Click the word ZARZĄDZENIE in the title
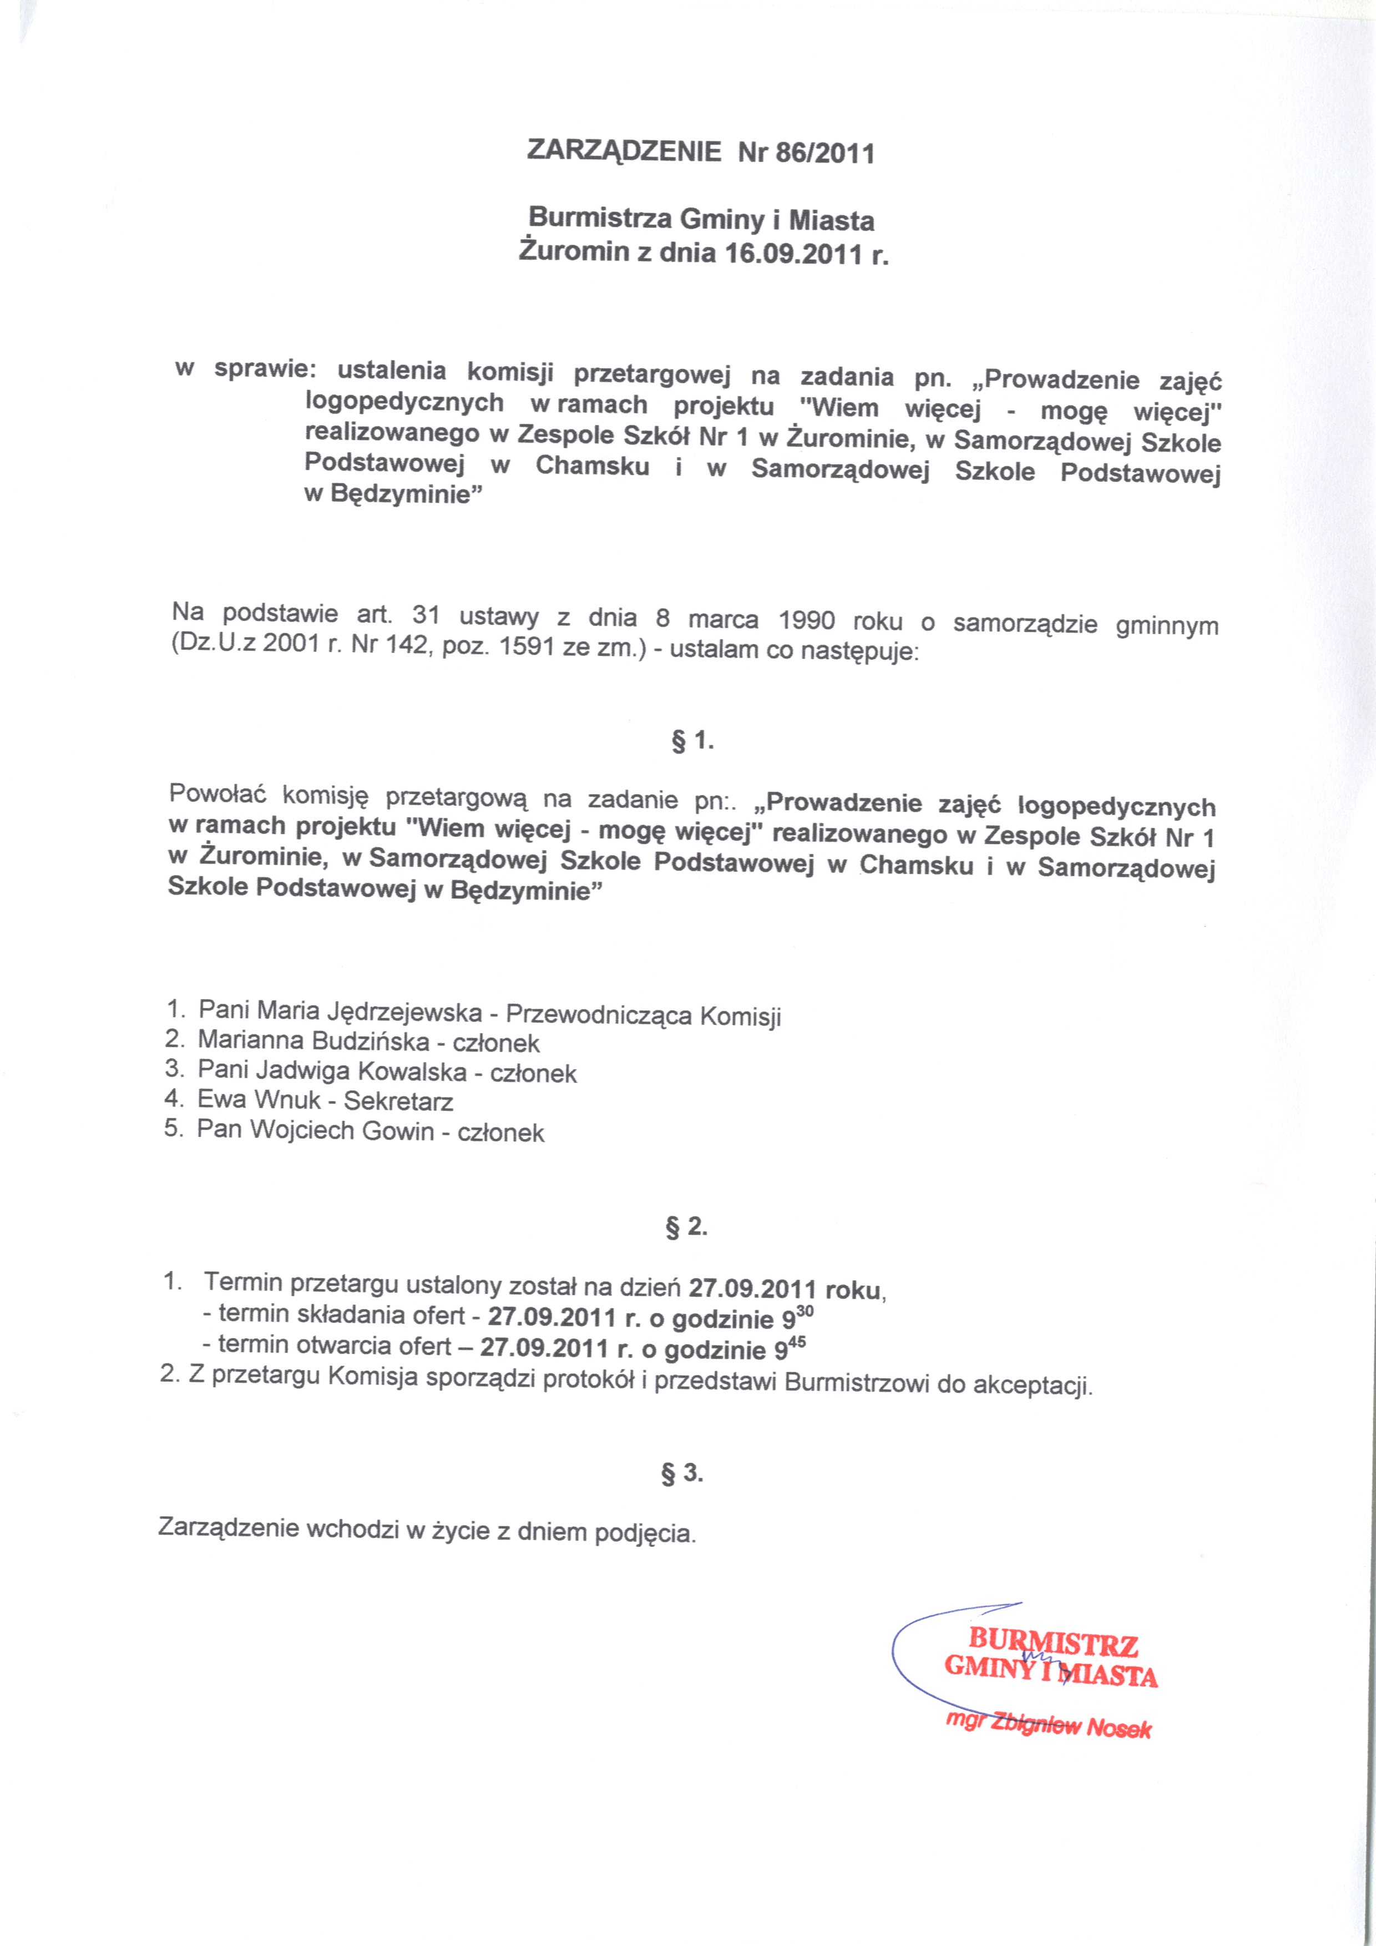pyautogui.click(x=624, y=151)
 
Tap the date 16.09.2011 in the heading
pyautogui.click(x=795, y=254)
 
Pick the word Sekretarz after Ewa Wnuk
pyautogui.click(x=398, y=1101)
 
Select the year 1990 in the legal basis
pyautogui.click(x=807, y=620)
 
